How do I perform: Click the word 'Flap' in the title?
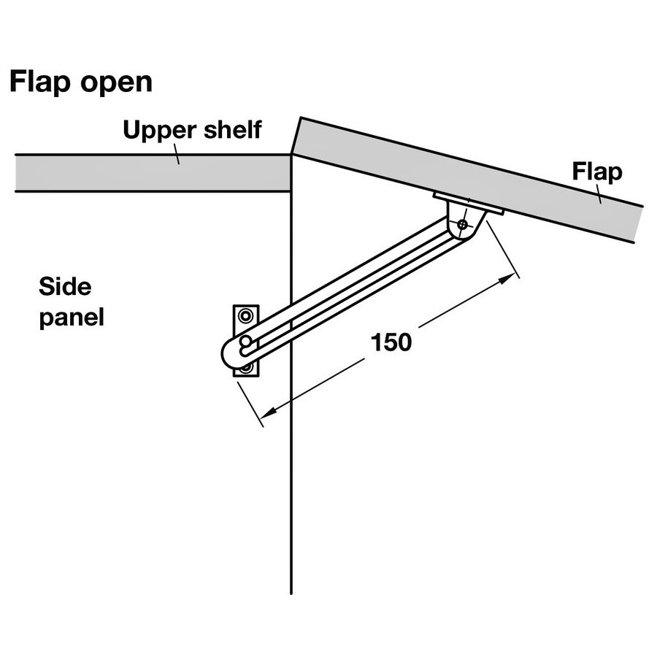(40, 82)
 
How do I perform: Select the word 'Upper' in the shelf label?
(159, 131)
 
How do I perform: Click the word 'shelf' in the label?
(233, 129)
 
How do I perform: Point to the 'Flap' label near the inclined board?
(597, 172)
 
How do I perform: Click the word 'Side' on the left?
(65, 287)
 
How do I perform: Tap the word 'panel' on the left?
(72, 318)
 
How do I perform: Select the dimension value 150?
(391, 342)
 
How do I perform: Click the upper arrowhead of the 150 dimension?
(508, 278)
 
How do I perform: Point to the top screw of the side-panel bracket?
(245, 315)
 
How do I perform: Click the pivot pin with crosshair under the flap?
(463, 224)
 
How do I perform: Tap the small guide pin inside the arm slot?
(245, 342)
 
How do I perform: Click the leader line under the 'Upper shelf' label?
(177, 154)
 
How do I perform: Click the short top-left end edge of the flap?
(296, 137)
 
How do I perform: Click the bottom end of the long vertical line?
(291, 593)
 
